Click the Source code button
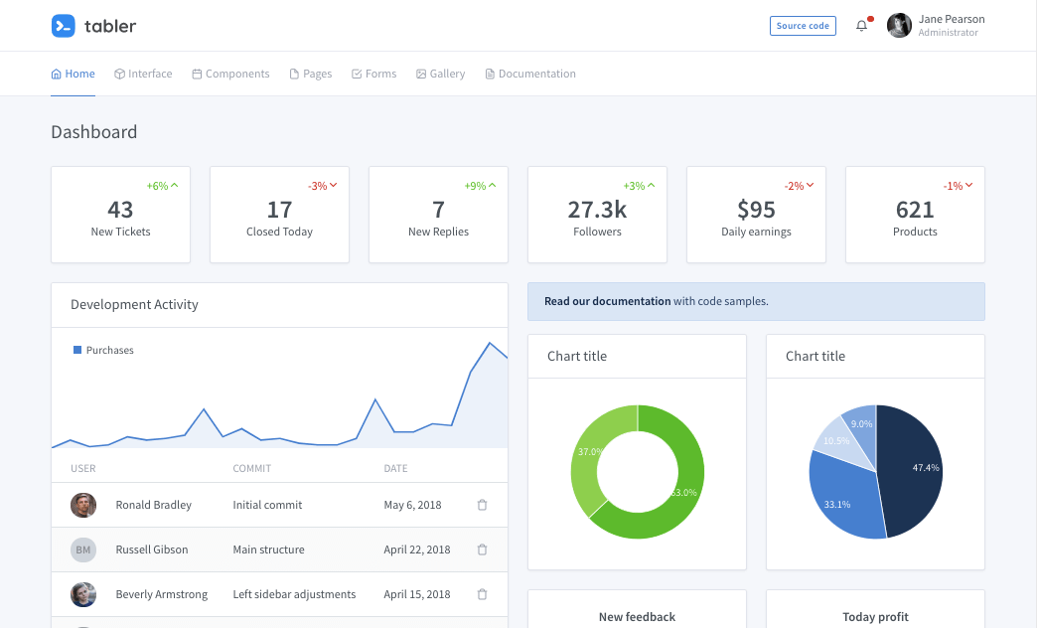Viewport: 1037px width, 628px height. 803,26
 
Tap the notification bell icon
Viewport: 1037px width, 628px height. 861,26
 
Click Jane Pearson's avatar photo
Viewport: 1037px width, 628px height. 899,26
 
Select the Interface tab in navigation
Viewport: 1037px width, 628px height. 143,74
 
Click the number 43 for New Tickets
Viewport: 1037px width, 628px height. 120,210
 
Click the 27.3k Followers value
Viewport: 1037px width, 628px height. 597,210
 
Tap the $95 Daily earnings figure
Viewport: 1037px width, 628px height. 756,210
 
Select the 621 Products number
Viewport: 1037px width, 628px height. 915,210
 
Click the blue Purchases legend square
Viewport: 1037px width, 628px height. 77,350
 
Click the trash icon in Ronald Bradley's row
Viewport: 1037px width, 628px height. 482,505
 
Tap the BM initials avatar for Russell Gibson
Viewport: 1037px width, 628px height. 83,549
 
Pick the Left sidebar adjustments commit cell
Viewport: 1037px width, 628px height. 294,594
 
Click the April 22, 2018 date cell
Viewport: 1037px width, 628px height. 417,549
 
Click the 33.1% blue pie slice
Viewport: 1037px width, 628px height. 842,497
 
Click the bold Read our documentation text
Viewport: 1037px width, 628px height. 607,301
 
